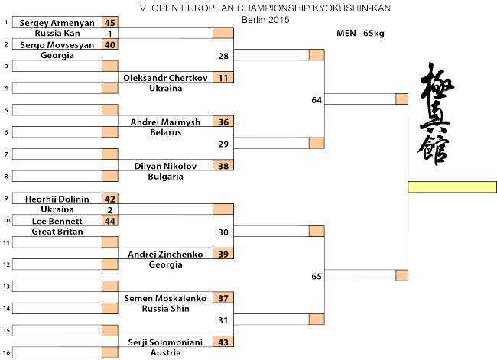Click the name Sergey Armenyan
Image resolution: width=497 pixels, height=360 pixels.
point(57,23)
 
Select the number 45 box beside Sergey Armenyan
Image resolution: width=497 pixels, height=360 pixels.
point(110,22)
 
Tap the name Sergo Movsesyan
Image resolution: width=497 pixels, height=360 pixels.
point(57,45)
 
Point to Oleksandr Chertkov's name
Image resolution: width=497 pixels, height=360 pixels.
point(165,78)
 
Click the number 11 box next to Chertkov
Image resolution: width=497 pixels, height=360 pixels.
point(223,77)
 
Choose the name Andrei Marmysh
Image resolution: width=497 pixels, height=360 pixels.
point(165,122)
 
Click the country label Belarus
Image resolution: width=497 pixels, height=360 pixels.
point(165,132)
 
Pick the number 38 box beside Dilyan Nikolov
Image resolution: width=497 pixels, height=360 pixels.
point(223,165)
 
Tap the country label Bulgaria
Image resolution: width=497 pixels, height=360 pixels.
point(165,177)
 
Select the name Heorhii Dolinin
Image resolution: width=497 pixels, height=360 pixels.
point(57,199)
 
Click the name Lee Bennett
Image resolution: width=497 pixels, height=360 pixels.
point(57,221)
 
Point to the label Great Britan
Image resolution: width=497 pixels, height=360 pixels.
point(57,232)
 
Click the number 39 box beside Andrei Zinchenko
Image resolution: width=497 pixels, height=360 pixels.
point(223,253)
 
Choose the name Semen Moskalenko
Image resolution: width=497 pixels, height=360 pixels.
point(165,298)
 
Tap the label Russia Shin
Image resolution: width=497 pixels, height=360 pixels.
point(165,308)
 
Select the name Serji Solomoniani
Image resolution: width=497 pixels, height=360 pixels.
point(165,342)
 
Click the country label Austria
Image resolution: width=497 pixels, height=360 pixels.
point(165,352)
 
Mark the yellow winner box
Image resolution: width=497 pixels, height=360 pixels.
point(453,187)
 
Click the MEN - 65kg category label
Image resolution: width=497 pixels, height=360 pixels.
point(360,33)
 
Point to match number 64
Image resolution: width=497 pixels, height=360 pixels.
point(317,100)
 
